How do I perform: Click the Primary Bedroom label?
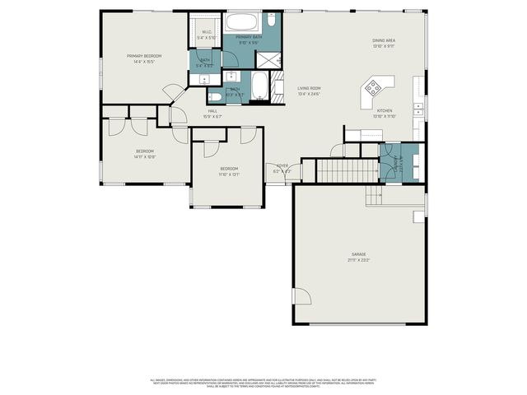[144, 56]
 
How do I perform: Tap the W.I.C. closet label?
[207, 33]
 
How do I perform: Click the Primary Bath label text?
[249, 37]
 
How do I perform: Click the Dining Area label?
[385, 40]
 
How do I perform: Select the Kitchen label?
[385, 110]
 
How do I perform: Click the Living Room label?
[309, 88]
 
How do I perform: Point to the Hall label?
[212, 111]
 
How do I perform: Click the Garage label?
[359, 254]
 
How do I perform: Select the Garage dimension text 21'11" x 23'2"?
[359, 260]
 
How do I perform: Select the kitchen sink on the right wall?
[419, 106]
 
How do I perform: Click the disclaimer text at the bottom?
[263, 383]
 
